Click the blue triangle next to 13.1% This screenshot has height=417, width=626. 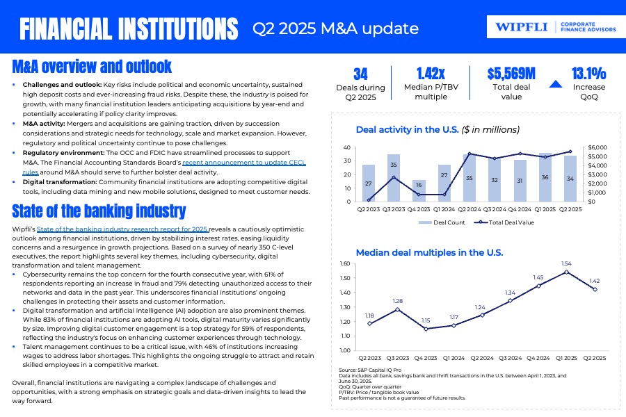point(555,85)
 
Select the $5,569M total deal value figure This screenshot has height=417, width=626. point(511,74)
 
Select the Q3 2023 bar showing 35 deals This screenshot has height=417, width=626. point(394,178)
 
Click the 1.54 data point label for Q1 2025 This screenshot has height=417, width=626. point(567,263)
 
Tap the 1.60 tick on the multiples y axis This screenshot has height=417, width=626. point(346,264)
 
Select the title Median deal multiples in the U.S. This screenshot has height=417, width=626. point(429,252)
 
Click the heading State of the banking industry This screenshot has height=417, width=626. point(99,211)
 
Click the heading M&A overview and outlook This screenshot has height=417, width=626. point(92,67)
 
